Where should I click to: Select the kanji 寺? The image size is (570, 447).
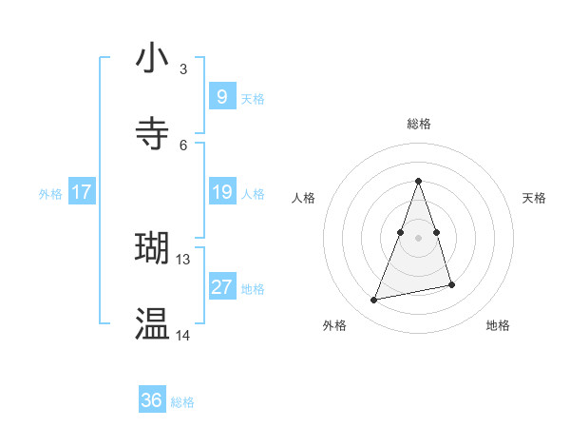(x=153, y=133)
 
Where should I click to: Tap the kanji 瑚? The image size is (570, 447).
(x=153, y=247)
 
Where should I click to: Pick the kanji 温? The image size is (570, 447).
(x=153, y=323)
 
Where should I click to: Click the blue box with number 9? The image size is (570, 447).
(x=221, y=96)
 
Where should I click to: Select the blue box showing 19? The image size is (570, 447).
(x=221, y=192)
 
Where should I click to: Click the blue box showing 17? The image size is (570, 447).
(x=82, y=192)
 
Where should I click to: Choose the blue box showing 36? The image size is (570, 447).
(x=152, y=400)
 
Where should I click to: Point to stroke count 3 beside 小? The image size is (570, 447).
(x=183, y=68)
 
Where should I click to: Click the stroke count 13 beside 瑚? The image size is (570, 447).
(x=183, y=259)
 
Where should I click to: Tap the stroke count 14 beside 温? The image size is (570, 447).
(x=183, y=335)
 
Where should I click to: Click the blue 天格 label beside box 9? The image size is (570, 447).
(x=253, y=98)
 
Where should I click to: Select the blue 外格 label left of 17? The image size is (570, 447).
(x=50, y=193)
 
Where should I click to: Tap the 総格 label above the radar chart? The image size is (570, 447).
(x=419, y=124)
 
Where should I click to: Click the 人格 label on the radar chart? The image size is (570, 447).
(x=304, y=198)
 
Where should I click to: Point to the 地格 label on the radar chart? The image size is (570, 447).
(x=498, y=325)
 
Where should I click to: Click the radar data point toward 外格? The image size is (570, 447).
(x=374, y=301)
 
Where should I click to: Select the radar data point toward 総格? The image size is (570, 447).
(x=419, y=181)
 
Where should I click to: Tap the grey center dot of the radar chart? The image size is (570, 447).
(x=419, y=237)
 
